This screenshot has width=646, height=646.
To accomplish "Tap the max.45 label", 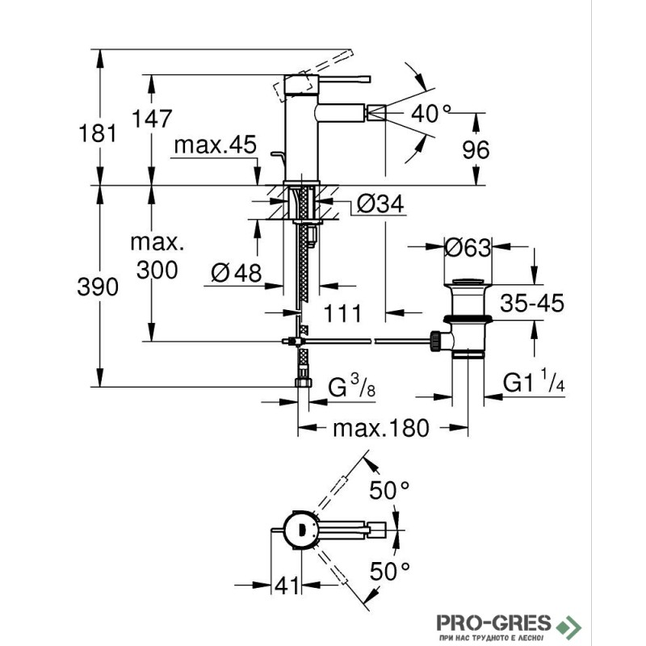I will pos(215,146).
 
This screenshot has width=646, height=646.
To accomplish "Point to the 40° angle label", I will pos(428,113).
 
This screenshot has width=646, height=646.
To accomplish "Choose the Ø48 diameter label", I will pos(237,273).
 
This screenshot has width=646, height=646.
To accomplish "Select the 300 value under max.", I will pos(157,271).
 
